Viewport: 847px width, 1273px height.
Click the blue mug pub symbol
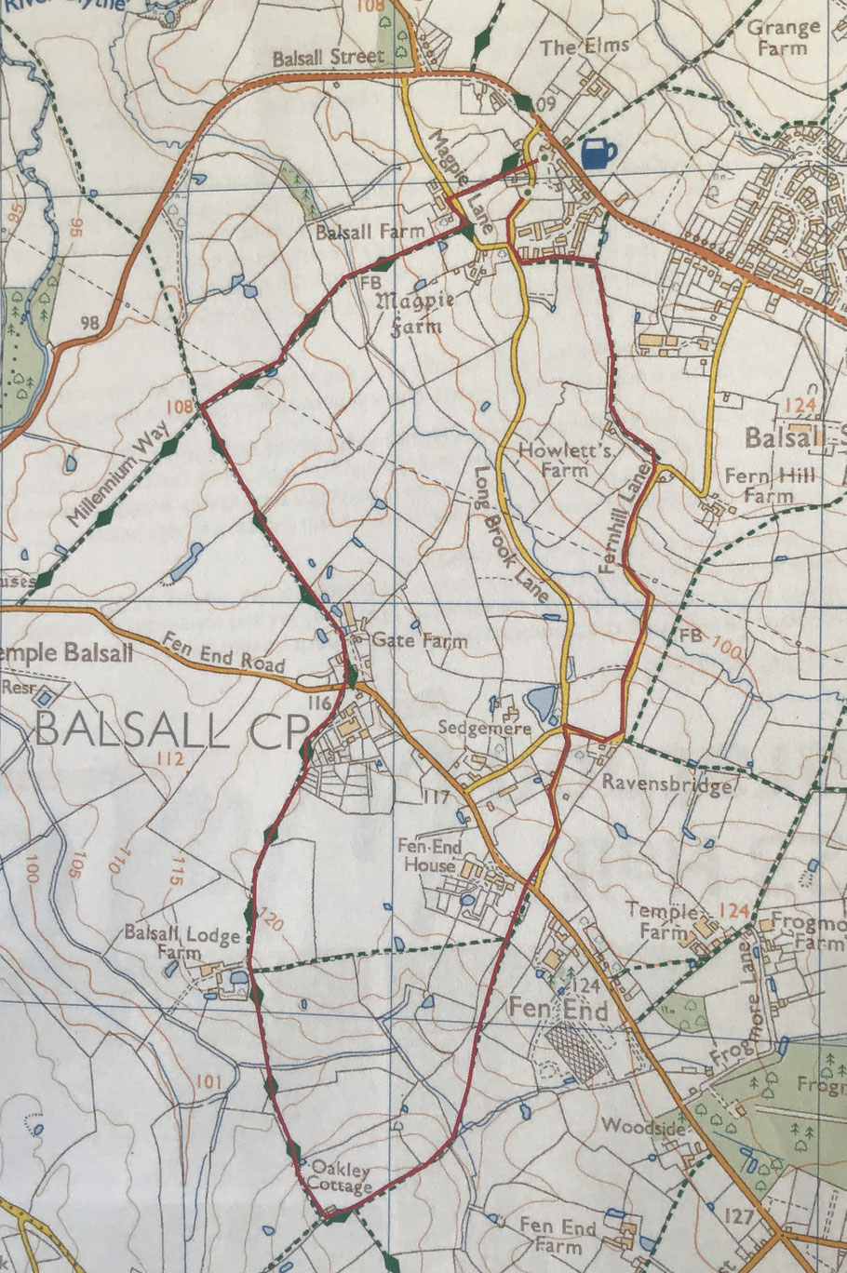(x=598, y=154)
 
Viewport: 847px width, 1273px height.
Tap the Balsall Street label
(x=328, y=58)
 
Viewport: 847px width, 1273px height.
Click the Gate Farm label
(x=406, y=641)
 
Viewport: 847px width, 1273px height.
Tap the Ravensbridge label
(x=666, y=784)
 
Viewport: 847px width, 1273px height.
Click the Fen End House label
(x=428, y=856)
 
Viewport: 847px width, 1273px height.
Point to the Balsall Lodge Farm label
(x=182, y=943)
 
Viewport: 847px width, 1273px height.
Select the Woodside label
(x=642, y=1126)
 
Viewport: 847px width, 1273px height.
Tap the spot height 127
(x=736, y=1216)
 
